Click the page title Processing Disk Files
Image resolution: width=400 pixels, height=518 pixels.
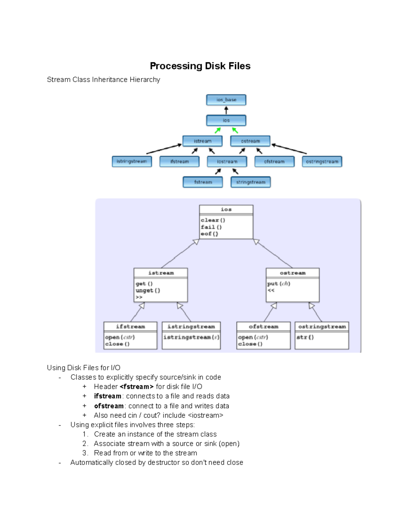pyautogui.click(x=200, y=66)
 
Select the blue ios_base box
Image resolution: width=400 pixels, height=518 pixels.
pyautogui.click(x=226, y=100)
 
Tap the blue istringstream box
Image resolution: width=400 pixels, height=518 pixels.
pyautogui.click(x=132, y=161)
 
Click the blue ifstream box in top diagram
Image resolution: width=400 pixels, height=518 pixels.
pyautogui.click(x=179, y=161)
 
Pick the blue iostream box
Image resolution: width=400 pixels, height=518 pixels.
pyautogui.click(x=227, y=161)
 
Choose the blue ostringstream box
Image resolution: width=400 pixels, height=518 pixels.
pyautogui.click(x=322, y=161)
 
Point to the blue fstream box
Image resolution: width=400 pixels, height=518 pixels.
pyautogui.click(x=203, y=182)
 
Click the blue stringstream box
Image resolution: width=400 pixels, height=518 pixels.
pyautogui.click(x=251, y=182)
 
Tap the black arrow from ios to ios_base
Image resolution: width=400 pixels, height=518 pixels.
pyautogui.click(x=226, y=110)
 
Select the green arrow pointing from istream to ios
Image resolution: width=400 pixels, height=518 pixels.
pyautogui.click(x=218, y=130)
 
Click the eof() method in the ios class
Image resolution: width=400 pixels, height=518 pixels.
pyautogui.click(x=209, y=234)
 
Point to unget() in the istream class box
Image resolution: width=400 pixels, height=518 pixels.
pyautogui.click(x=148, y=291)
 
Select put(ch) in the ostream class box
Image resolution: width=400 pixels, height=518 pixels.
pyautogui.click(x=279, y=284)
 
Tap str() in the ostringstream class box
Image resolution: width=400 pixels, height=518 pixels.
pyautogui.click(x=305, y=337)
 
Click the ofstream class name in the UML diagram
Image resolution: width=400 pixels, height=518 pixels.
pyautogui.click(x=263, y=327)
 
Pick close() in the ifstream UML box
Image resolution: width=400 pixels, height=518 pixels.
pyautogui.click(x=117, y=344)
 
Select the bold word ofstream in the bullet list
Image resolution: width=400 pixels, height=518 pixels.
pyautogui.click(x=109, y=406)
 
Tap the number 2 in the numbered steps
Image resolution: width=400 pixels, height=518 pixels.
pyautogui.click(x=85, y=444)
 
